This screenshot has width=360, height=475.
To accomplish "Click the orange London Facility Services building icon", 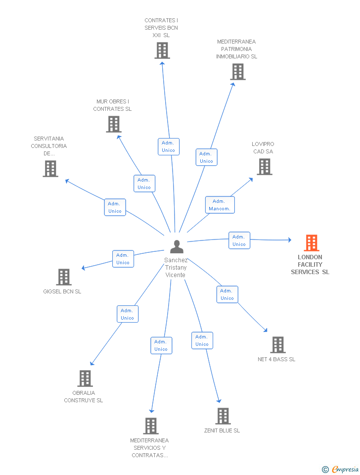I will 311,243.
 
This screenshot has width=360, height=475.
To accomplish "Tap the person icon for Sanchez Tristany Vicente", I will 177,246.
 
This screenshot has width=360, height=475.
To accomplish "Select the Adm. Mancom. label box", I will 220,205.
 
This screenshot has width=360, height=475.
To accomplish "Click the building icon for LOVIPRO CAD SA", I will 265,167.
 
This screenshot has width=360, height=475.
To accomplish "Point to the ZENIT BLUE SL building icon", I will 223,416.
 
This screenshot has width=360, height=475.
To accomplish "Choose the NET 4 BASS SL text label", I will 276,359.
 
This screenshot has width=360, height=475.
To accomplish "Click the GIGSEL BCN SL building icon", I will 64,277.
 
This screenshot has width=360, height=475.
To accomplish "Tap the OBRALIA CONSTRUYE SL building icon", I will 85,379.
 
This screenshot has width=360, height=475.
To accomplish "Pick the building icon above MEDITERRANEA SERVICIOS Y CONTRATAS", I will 151,426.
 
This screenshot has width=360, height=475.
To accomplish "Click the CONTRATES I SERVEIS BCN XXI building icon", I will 162,50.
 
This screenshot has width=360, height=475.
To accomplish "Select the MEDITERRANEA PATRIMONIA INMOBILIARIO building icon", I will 238,72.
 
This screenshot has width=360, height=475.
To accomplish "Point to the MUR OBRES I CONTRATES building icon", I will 114,124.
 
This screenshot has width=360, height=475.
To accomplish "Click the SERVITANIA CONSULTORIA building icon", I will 50,169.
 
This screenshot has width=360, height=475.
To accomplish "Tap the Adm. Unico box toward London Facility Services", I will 239,240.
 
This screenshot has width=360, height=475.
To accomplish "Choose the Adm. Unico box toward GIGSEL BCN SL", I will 123,259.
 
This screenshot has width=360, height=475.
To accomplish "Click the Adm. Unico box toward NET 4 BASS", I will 227,294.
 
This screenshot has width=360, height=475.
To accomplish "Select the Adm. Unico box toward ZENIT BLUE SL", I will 202,340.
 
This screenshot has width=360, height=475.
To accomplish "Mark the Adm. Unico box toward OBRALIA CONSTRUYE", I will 128,314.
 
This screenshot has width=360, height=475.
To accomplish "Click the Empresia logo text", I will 345,469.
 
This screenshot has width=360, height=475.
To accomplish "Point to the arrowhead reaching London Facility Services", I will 290,240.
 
